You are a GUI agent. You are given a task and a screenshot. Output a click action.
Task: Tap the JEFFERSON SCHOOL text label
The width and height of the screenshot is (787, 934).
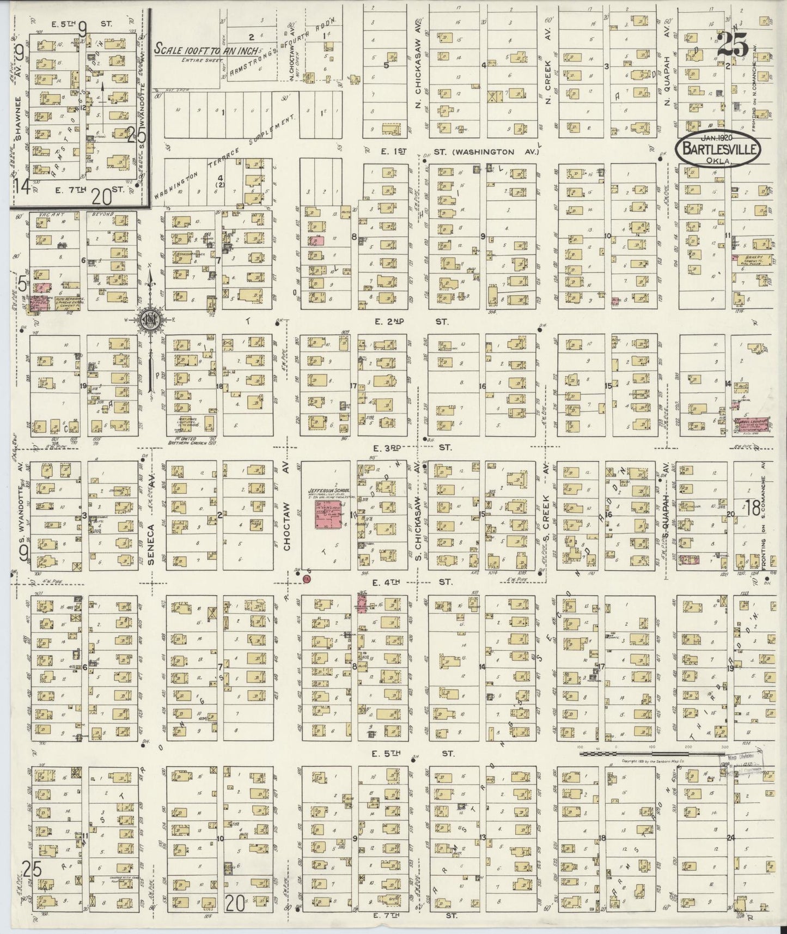[328, 490]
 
